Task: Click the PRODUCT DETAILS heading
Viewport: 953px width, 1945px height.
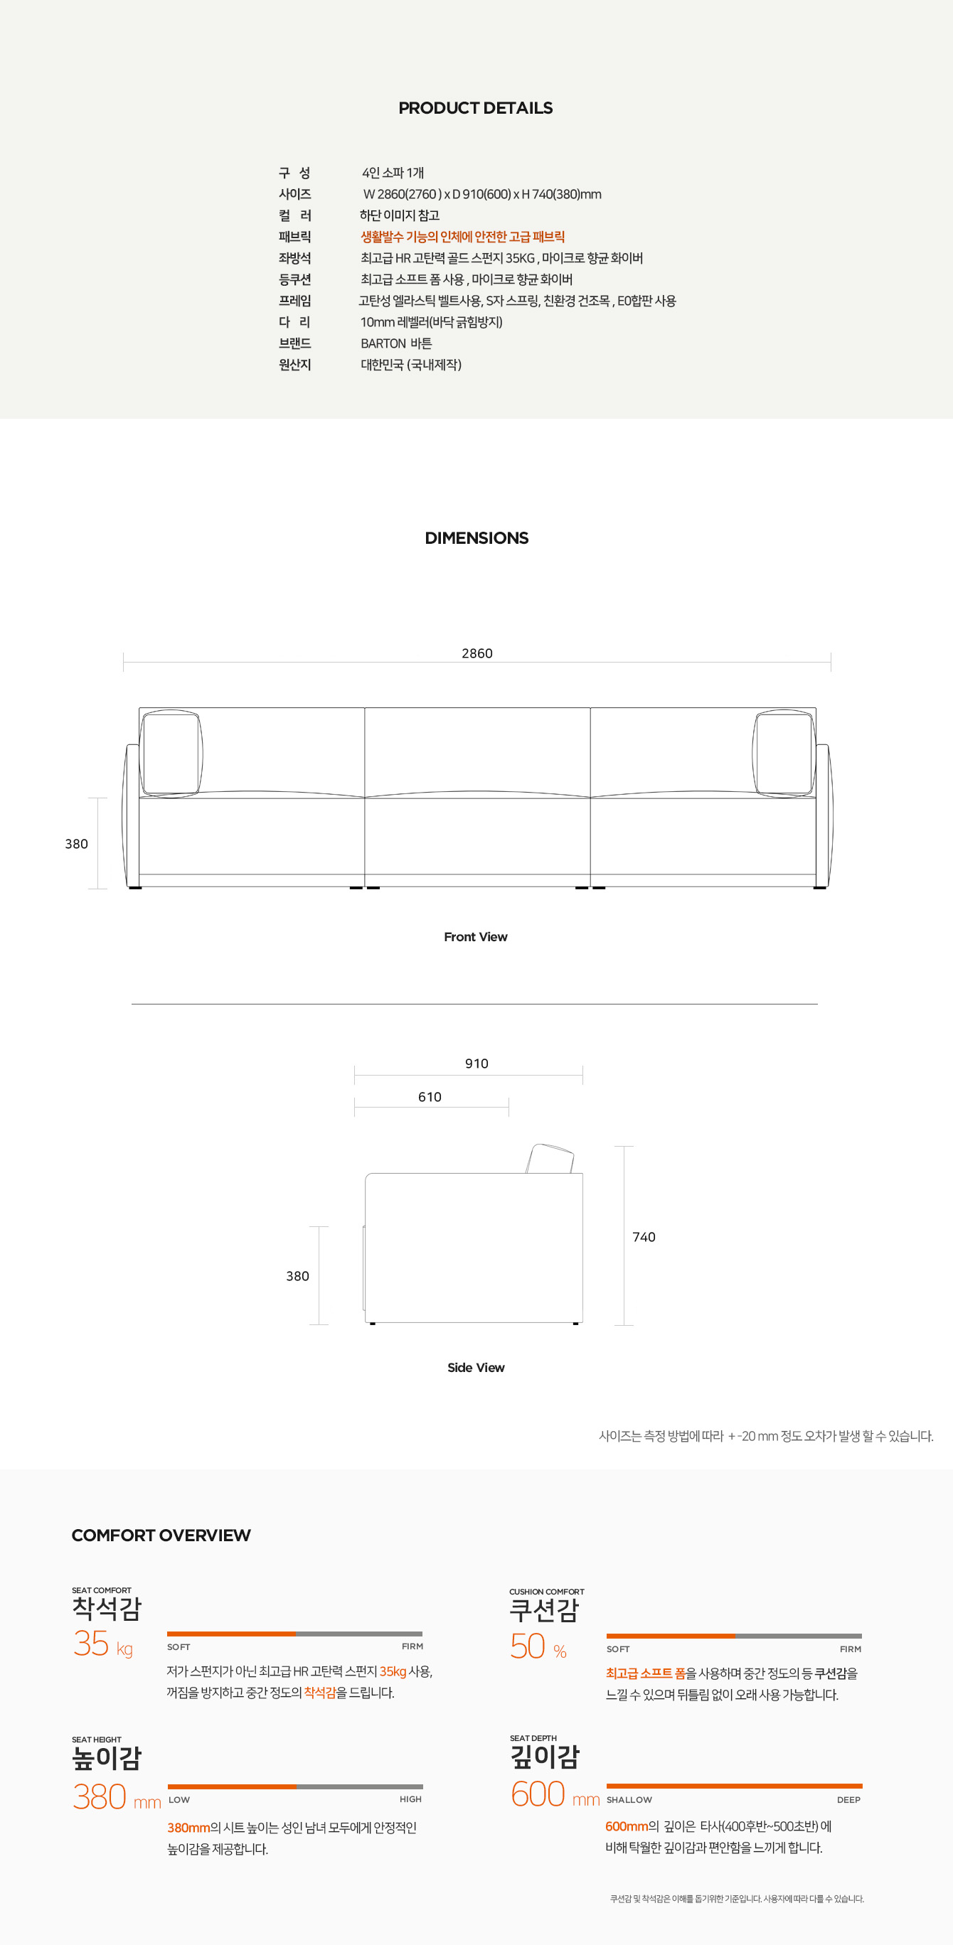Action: click(x=476, y=108)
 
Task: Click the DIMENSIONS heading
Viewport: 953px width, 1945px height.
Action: click(x=477, y=537)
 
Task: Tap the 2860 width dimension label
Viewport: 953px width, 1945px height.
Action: click(x=477, y=653)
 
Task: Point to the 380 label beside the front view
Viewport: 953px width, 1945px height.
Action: click(x=76, y=843)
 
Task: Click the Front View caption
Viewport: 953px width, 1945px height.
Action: click(x=476, y=936)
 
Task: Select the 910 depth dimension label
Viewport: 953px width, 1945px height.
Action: click(x=477, y=1063)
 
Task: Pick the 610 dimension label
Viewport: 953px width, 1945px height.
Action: click(x=430, y=1096)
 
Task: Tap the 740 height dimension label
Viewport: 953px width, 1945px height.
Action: click(x=644, y=1237)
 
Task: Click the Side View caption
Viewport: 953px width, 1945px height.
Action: click(x=476, y=1367)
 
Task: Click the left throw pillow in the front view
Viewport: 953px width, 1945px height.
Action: click(x=171, y=753)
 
